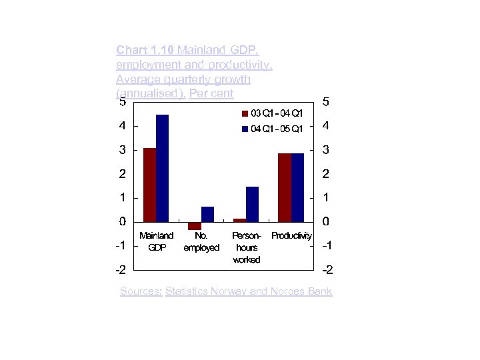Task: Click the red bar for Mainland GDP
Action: tap(149, 185)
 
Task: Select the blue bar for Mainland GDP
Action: tap(162, 168)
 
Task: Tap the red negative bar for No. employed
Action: tap(195, 226)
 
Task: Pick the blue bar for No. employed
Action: tap(207, 214)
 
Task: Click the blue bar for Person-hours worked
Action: tap(252, 204)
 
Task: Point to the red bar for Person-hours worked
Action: tap(240, 220)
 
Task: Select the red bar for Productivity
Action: tap(285, 187)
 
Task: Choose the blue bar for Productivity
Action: tap(297, 187)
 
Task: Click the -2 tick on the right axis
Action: tap(327, 271)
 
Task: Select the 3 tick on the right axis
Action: tap(325, 151)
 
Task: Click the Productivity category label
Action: tap(291, 236)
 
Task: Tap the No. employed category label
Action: tap(201, 241)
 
